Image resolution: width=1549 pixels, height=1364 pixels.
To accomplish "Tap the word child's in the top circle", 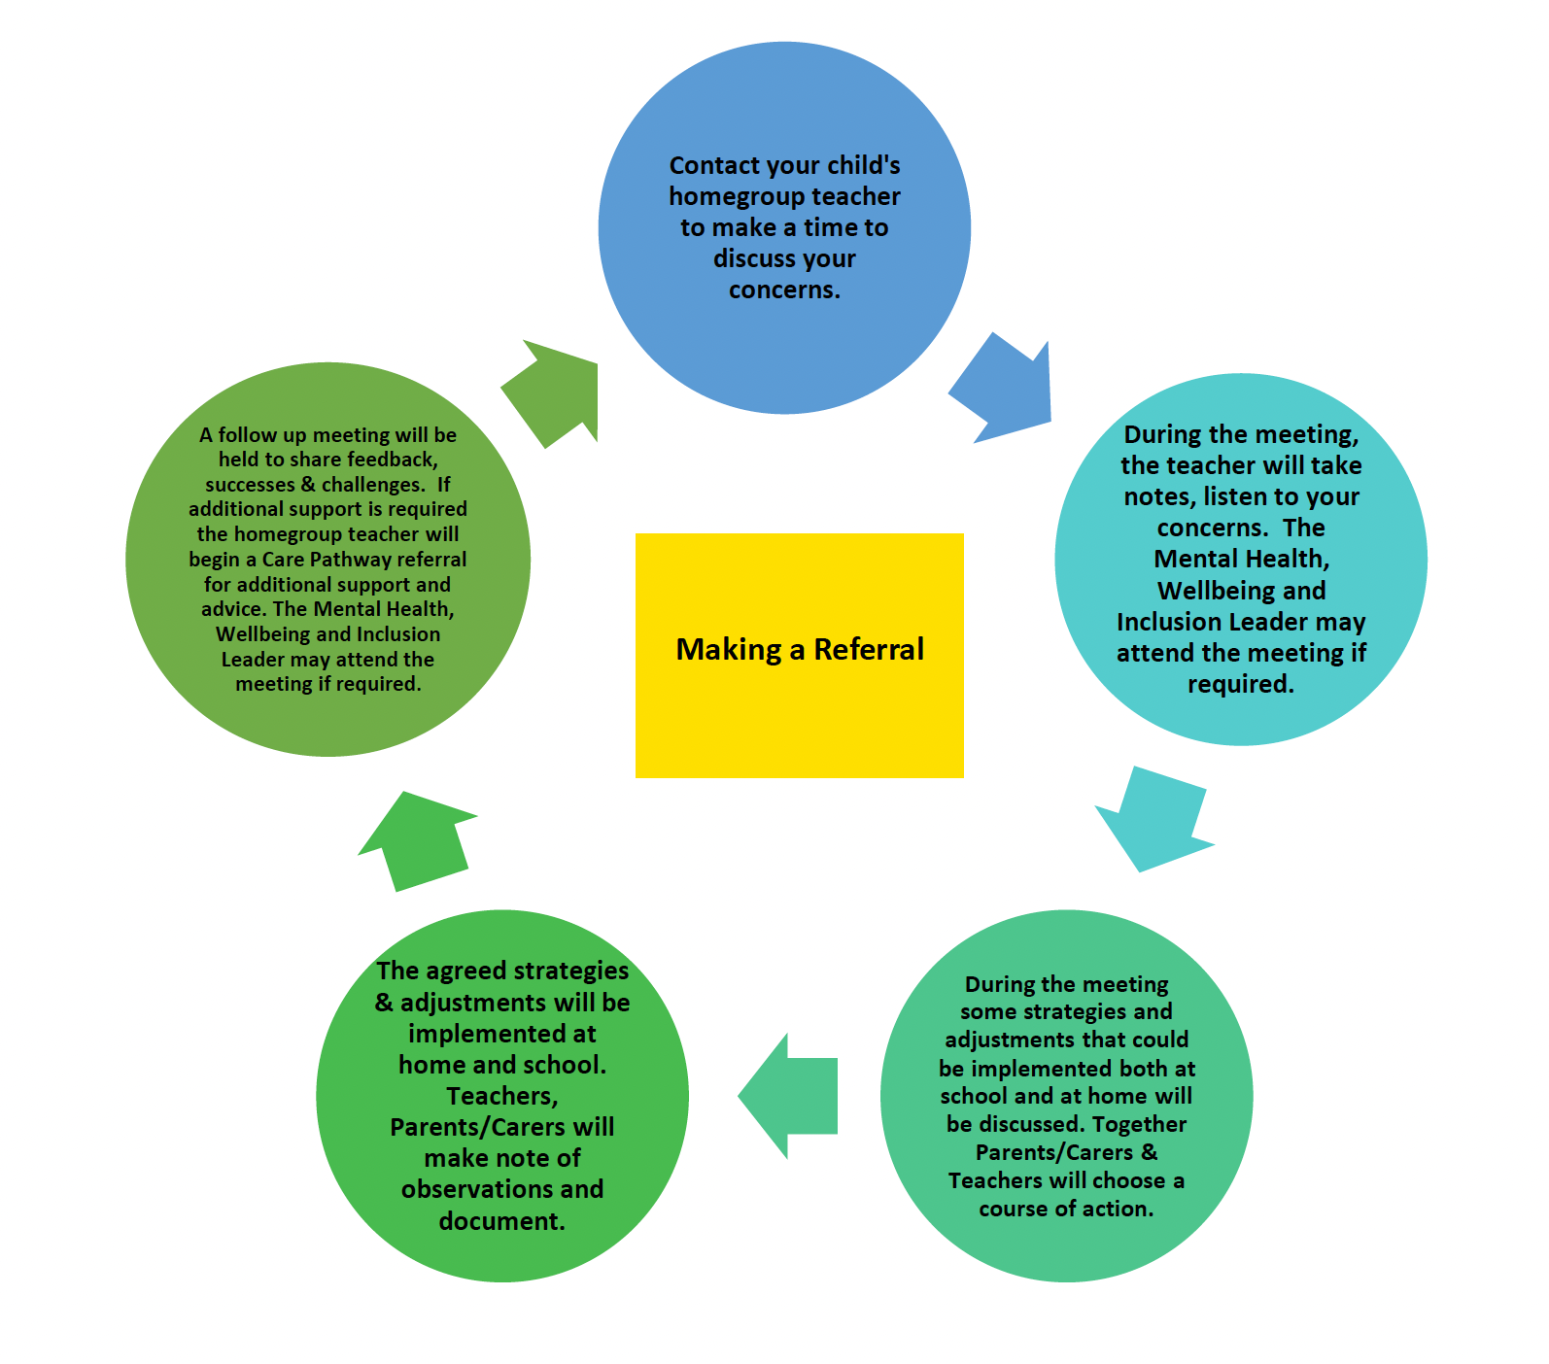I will (864, 165).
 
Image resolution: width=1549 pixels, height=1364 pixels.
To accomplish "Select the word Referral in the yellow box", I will (869, 649).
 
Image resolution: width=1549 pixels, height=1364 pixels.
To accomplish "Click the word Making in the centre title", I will (728, 649).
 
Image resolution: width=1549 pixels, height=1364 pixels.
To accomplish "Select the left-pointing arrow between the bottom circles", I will (786, 1096).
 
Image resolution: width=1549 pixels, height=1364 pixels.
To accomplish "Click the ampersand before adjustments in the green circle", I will (384, 1003).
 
